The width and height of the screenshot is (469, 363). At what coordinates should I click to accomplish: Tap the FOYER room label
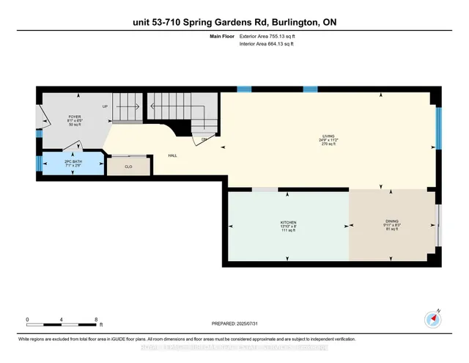click(x=75, y=117)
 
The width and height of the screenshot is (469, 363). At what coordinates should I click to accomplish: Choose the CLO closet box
click(x=129, y=166)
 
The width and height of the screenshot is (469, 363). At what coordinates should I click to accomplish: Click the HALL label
click(x=172, y=155)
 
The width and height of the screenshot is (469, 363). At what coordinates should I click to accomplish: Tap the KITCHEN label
click(x=287, y=222)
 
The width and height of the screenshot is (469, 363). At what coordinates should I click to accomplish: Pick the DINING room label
click(x=392, y=222)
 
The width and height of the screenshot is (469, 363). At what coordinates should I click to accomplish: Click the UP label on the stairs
click(x=106, y=106)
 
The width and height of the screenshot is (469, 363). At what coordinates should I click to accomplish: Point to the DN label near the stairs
click(x=203, y=139)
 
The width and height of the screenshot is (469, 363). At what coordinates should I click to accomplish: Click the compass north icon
click(x=432, y=319)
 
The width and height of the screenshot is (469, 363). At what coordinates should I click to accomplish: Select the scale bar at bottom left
click(x=62, y=323)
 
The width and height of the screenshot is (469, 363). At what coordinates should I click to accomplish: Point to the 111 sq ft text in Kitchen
click(x=287, y=230)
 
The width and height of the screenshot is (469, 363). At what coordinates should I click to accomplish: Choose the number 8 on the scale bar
click(x=97, y=319)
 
